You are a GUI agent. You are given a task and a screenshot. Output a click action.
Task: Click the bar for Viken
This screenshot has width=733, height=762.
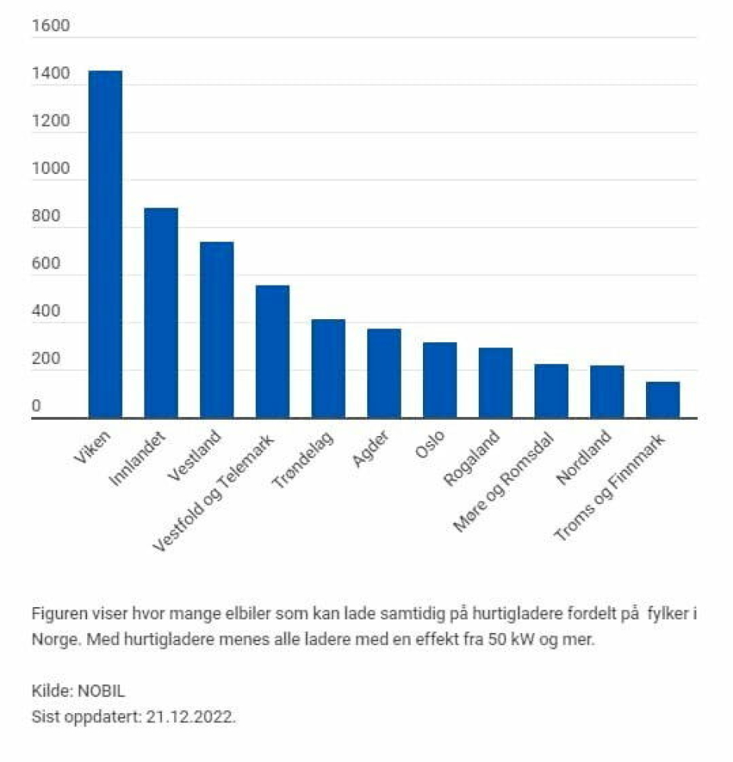105,244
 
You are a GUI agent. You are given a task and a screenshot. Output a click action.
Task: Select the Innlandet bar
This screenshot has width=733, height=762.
161,313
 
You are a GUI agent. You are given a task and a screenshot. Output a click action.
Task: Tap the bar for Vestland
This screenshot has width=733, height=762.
217,330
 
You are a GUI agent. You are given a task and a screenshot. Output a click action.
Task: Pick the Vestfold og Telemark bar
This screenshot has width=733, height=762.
273,351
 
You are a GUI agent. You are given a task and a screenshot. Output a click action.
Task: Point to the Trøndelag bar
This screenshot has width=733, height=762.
328,369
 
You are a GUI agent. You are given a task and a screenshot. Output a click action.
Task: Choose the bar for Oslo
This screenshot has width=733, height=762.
440,380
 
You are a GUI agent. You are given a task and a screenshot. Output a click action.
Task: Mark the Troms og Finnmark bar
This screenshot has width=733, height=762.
663,400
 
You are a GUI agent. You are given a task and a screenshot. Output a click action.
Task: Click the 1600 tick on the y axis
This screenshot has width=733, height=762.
50,27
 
